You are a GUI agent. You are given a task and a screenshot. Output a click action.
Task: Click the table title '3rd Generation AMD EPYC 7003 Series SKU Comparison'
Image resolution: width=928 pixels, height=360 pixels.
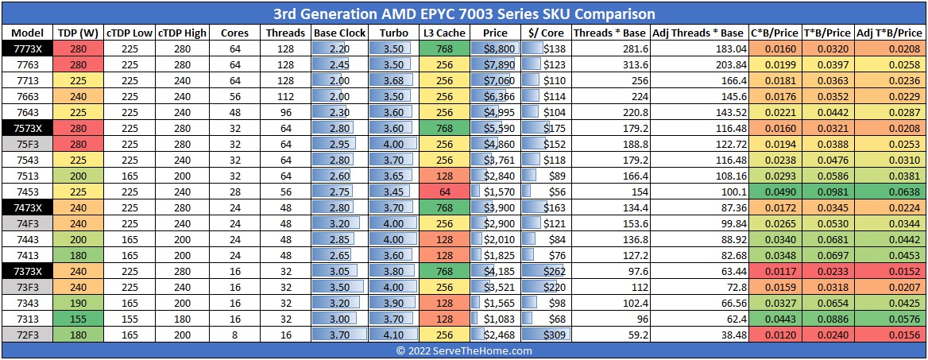coord(464,14)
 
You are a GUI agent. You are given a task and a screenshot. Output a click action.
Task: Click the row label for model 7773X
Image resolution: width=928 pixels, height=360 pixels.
coord(27,48)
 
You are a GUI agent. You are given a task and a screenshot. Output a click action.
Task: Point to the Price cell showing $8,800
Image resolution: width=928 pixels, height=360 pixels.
coord(495,48)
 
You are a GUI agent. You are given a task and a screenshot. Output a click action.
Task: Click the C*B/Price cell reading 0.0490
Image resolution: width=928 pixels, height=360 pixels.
coord(769,192)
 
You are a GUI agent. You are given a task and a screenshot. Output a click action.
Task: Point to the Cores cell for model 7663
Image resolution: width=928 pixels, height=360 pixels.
coord(235,96)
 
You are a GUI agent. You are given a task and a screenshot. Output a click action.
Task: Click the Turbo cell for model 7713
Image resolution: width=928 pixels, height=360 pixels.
coord(393,80)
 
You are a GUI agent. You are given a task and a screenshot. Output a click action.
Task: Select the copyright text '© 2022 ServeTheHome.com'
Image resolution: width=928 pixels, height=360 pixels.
coord(464,350)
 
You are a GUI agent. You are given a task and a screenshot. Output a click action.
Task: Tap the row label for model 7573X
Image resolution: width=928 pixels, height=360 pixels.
coord(27,129)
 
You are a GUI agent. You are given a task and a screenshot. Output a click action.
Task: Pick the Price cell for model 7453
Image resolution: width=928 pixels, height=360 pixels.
coord(495,192)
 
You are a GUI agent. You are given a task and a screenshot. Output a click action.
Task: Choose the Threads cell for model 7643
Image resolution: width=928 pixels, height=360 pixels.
coord(285,112)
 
